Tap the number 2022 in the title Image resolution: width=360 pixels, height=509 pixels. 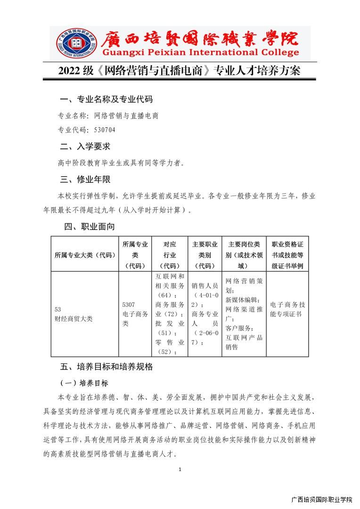click(70, 71)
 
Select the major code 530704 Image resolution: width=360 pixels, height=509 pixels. click(105, 130)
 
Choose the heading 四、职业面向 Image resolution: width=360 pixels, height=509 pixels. click(90, 227)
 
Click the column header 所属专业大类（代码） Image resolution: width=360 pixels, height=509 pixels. click(85, 255)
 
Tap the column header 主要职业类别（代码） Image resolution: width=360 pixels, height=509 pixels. click(205, 255)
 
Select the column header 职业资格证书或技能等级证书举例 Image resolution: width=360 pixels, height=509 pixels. click(287, 255)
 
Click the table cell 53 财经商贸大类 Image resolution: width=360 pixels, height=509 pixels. click(74, 314)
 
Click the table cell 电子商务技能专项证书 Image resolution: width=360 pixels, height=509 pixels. click(287, 309)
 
